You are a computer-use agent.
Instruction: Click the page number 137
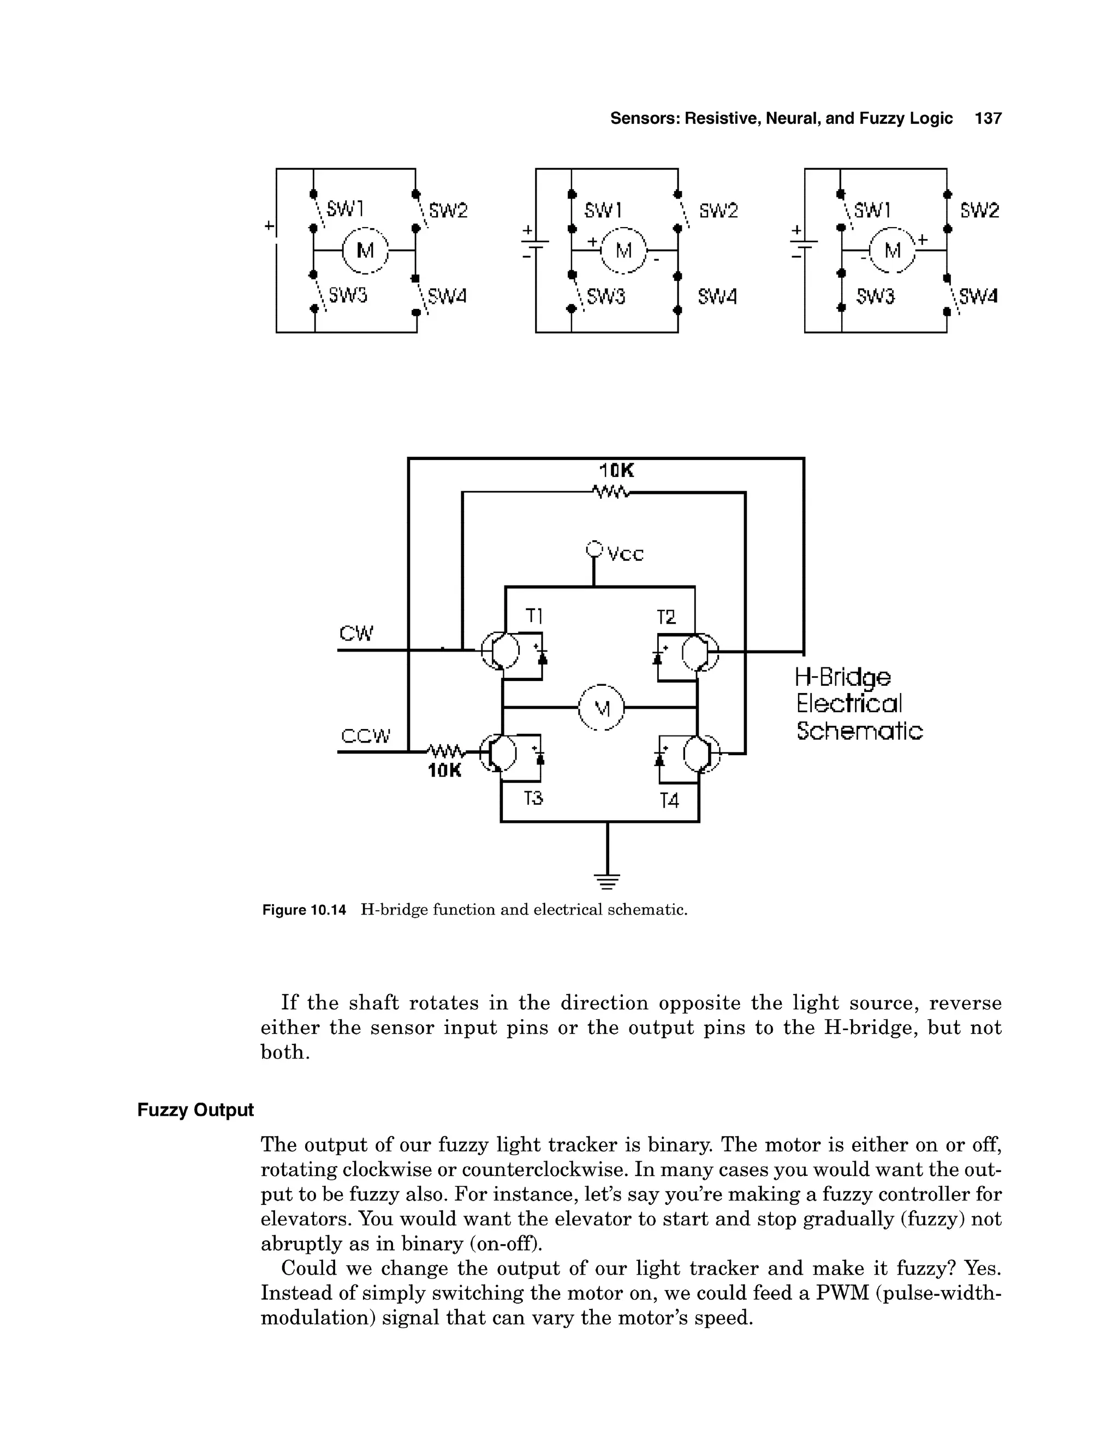point(988,118)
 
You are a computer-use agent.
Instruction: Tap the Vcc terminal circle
point(594,549)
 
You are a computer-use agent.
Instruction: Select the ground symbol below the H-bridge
point(608,881)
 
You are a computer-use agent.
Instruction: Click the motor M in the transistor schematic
point(602,708)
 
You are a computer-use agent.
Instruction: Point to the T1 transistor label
point(534,617)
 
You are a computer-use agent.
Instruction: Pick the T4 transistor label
point(670,801)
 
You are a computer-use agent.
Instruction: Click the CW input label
point(356,634)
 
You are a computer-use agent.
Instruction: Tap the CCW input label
point(366,736)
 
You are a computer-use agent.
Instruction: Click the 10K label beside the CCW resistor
point(444,772)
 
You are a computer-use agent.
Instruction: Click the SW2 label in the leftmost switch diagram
point(448,211)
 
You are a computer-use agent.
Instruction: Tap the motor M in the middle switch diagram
point(623,251)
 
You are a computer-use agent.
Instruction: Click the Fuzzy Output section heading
point(195,1110)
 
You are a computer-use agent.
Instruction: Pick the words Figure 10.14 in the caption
point(304,910)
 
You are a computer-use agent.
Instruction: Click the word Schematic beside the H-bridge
point(859,732)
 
